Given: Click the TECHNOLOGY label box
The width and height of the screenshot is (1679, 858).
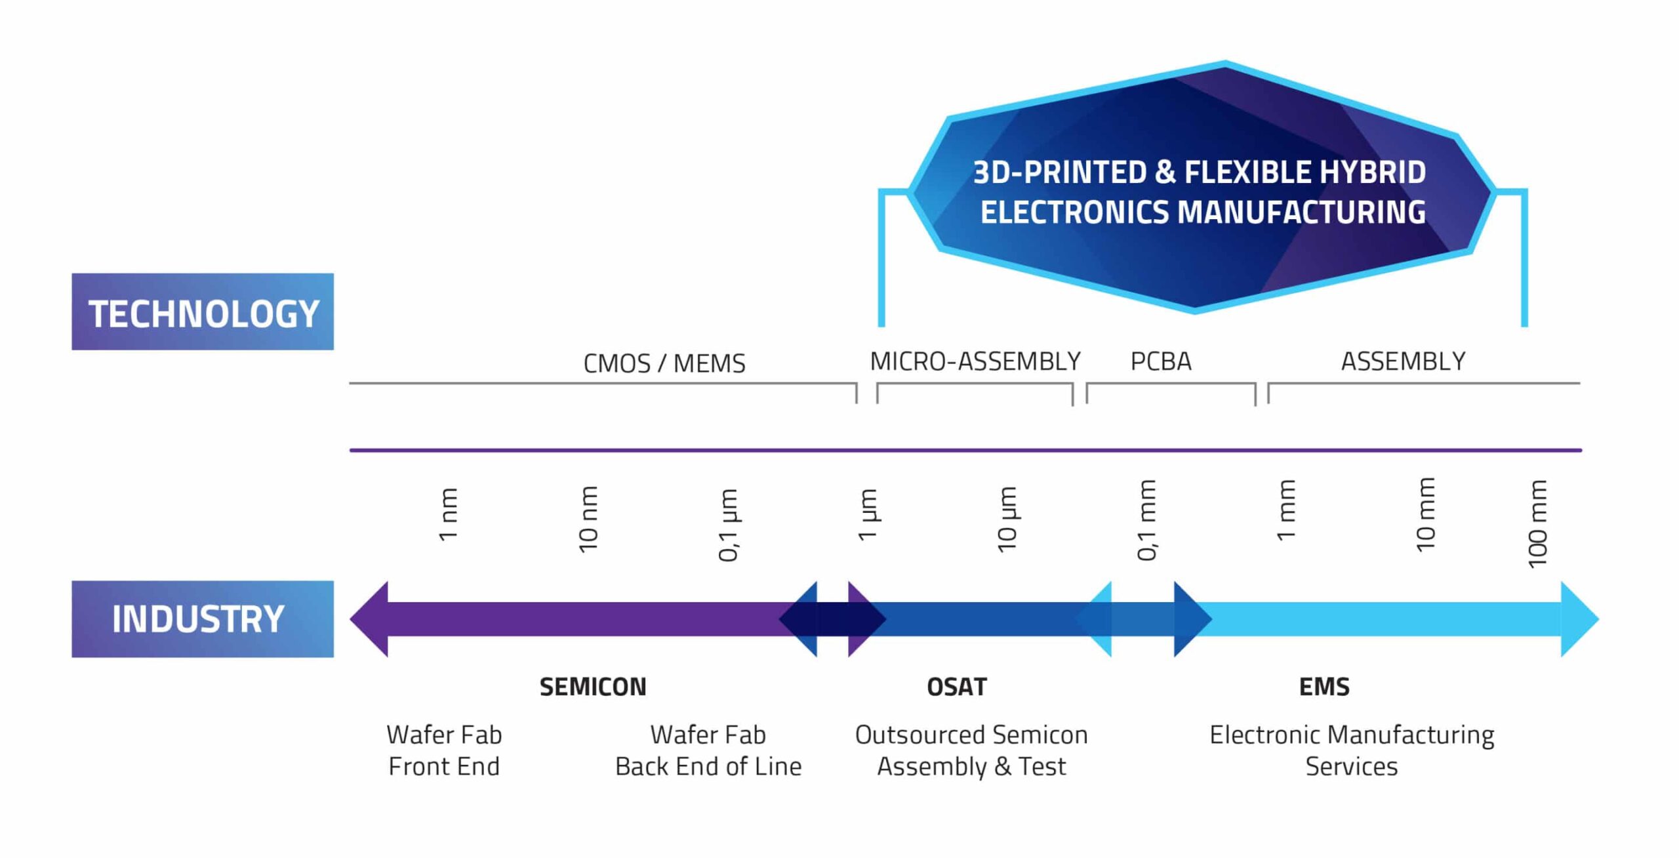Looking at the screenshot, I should pyautogui.click(x=203, y=312).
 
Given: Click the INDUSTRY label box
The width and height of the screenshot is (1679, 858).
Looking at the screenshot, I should pyautogui.click(x=203, y=619).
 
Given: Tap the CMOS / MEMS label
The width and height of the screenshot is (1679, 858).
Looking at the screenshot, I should pyautogui.click(x=664, y=363).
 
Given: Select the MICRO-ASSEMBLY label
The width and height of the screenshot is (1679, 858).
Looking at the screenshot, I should pyautogui.click(x=975, y=361).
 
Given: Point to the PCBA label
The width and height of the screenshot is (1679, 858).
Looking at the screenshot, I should pyautogui.click(x=1160, y=361).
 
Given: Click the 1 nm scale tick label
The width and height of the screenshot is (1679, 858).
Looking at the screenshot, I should pyautogui.click(x=448, y=514).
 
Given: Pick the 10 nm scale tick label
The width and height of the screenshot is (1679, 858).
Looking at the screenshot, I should pyautogui.click(x=588, y=519).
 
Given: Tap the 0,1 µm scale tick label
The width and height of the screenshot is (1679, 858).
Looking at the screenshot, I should pyautogui.click(x=728, y=525).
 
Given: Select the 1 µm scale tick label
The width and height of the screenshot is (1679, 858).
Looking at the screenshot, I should pyautogui.click(x=867, y=514).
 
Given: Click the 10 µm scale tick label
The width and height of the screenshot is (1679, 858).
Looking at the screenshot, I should pyautogui.click(x=1007, y=519).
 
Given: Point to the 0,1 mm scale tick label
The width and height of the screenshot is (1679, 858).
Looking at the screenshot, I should pyautogui.click(x=1146, y=520).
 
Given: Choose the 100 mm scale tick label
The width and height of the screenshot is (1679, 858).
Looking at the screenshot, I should pyautogui.click(x=1537, y=523).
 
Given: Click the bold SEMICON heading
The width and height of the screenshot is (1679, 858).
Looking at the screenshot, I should pyautogui.click(x=593, y=687).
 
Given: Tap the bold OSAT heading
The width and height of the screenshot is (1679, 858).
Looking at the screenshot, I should pyautogui.click(x=956, y=687).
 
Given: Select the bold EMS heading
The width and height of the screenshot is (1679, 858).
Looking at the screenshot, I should pyautogui.click(x=1324, y=687).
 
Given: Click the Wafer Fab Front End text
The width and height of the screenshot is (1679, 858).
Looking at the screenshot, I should pyautogui.click(x=444, y=750).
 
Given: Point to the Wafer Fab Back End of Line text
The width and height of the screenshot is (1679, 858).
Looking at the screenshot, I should pyautogui.click(x=708, y=750).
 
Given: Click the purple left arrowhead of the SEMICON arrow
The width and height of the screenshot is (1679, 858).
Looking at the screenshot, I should pyautogui.click(x=369, y=619).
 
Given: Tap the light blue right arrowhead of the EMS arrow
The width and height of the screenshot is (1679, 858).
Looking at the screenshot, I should pyautogui.click(x=1579, y=619).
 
